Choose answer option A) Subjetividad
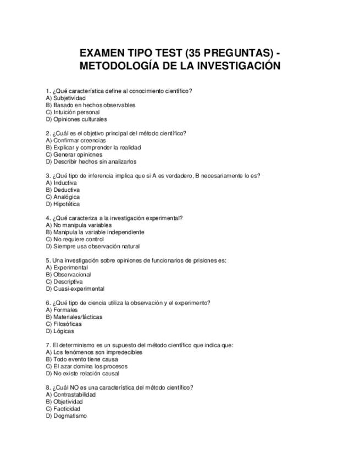[65, 98]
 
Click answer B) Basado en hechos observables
[90, 105]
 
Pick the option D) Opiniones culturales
[76, 119]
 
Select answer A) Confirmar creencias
[76, 141]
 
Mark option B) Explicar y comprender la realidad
[93, 148]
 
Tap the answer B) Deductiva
[63, 190]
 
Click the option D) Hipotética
[63, 204]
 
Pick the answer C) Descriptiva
[64, 282]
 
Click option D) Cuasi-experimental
[75, 289]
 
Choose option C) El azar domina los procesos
[86, 367]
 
